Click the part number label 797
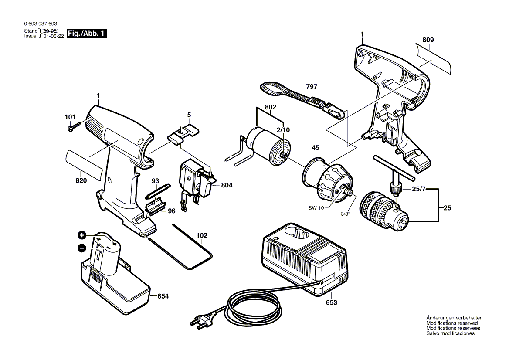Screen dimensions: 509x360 (x=312, y=87)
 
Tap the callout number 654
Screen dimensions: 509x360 (x=163, y=296)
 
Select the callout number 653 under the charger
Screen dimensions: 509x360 (x=332, y=302)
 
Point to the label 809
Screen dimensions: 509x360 (x=428, y=40)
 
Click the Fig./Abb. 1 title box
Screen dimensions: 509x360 (x=87, y=34)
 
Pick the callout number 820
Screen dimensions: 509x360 (x=81, y=181)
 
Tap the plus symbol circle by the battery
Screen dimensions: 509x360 (x=81, y=235)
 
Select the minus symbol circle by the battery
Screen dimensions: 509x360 (x=81, y=248)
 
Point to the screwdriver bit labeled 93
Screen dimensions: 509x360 (x=157, y=192)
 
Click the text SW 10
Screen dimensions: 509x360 (x=316, y=208)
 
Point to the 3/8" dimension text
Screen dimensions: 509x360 (x=346, y=214)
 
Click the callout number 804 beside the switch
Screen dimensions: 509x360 (x=227, y=185)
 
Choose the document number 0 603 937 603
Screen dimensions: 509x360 (x=41, y=24)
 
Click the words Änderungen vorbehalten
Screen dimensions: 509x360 (x=455, y=318)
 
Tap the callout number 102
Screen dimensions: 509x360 (x=202, y=235)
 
